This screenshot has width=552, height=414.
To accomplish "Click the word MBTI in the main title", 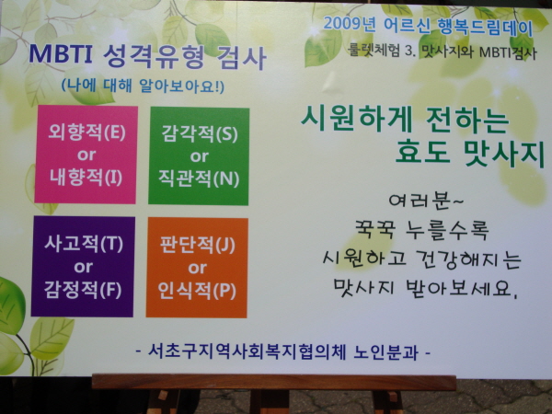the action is coord(61,53).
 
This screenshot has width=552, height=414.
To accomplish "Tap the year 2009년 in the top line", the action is coord(350,24).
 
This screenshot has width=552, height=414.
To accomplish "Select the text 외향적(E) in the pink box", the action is coord(87,132).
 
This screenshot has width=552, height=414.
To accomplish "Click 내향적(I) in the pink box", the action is coord(86,177).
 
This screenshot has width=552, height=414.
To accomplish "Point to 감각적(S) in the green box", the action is coord(200,134).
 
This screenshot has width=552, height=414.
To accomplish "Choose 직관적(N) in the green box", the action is coord(199,178).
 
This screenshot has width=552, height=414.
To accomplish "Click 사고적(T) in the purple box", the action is coord(84,244).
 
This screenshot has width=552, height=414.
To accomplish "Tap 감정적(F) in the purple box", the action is coord(83,290).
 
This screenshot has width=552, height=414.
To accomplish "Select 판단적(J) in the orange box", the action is coord(198,245).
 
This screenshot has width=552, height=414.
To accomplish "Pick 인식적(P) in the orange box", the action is coord(197,291).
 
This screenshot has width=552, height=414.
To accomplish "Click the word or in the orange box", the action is coord(197,269).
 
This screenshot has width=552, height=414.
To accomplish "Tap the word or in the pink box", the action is coord(86,155).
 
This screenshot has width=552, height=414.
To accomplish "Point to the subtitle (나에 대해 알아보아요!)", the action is coord(143,86).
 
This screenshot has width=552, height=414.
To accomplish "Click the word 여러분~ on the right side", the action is coord(426,201).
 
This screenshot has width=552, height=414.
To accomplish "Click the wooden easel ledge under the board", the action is coord(274,383).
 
